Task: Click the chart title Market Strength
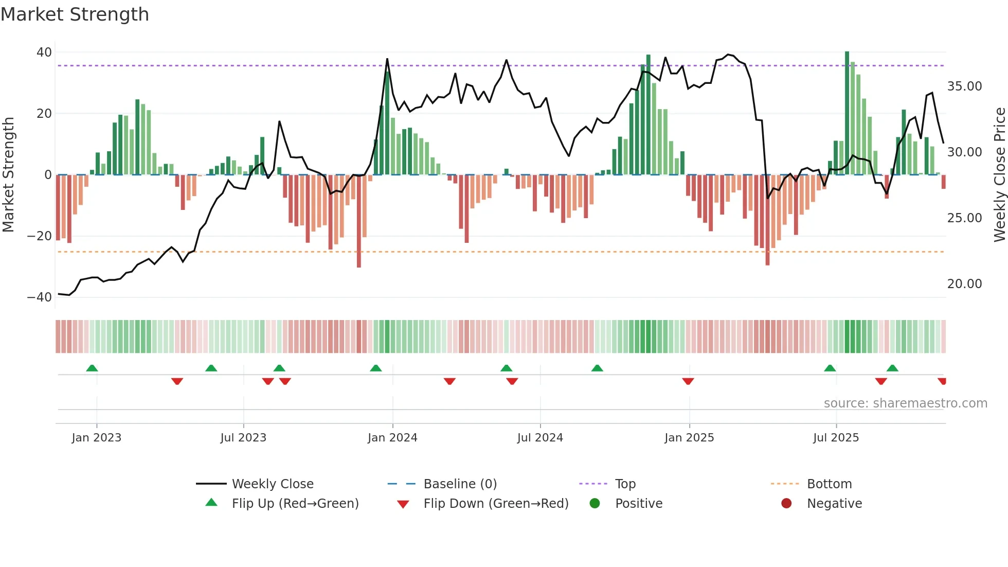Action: pos(75,14)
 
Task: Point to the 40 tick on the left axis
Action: pos(44,52)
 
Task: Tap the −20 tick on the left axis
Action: pos(40,236)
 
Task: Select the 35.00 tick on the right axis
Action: pos(964,86)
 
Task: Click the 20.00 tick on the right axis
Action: pos(964,284)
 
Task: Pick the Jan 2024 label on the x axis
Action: pos(392,438)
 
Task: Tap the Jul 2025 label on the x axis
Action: pos(836,438)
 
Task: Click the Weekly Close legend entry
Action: pos(272,484)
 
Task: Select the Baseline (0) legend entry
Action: pos(460,484)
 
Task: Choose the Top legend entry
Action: pos(625,484)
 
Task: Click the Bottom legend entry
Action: pos(829,484)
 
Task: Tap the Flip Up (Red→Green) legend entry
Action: pos(295,504)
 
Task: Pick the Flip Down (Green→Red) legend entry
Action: pos(496,504)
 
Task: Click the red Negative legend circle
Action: pos(786,504)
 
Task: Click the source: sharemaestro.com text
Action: pos(905,403)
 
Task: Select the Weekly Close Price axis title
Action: pos(999,175)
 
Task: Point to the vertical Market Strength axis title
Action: pos(8,175)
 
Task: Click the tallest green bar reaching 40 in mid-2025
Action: pos(847,113)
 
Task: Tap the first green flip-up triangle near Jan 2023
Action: pos(92,368)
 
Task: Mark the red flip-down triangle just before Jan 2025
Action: pos(688,381)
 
